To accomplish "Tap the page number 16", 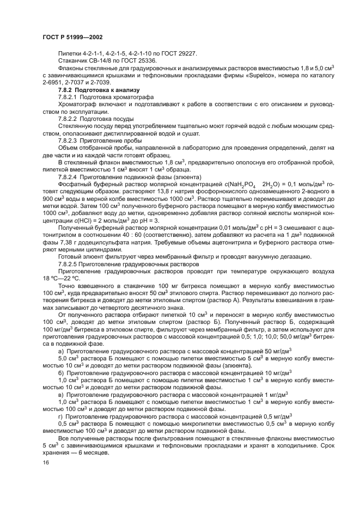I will point(45,462).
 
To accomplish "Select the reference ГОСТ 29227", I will point(179,54).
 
